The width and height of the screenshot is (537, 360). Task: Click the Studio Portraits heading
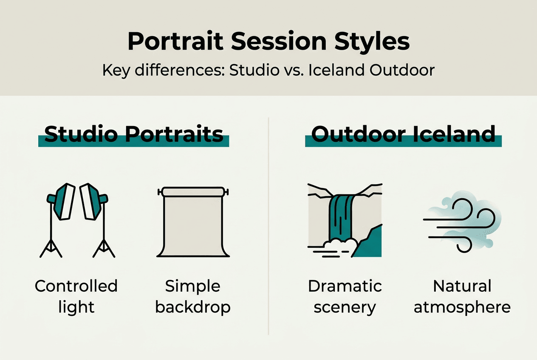[133, 135]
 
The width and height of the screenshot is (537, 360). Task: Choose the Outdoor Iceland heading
[403, 135]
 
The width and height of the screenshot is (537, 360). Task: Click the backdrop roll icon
[193, 223]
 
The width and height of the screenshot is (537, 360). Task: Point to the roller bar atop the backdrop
[193, 192]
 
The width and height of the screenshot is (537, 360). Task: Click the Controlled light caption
[76, 296]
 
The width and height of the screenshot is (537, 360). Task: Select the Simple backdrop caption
[193, 296]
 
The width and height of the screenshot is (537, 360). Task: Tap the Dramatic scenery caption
[345, 296]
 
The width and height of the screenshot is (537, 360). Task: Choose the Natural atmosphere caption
[462, 296]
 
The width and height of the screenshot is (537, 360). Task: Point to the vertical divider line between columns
[269, 225]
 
